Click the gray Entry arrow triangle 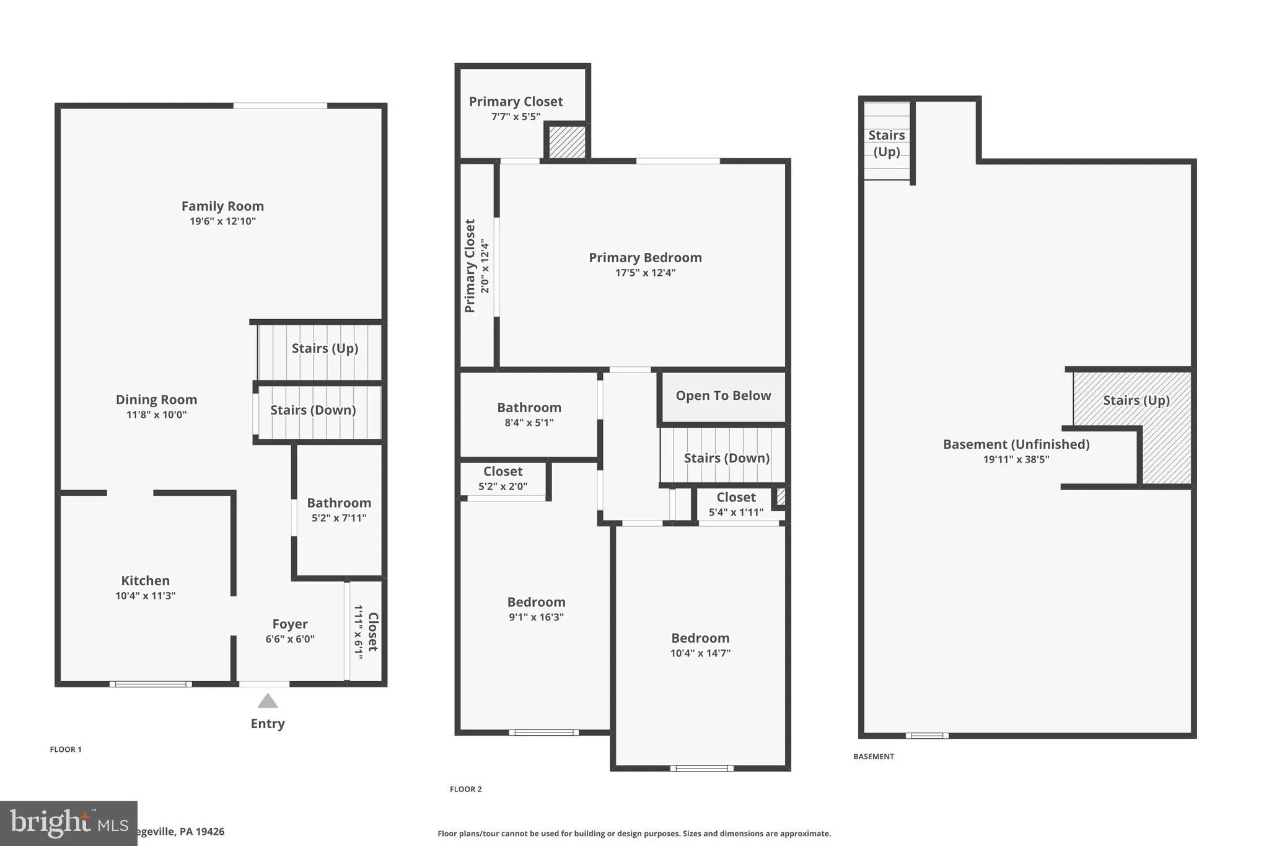(268, 701)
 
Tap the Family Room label (222, 206)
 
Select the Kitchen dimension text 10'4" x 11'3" (146, 596)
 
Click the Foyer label (290, 624)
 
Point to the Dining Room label (156, 400)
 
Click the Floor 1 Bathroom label (339, 503)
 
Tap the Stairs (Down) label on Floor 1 (313, 410)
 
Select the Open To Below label (723, 395)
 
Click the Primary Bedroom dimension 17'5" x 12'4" (645, 273)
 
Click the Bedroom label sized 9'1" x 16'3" (536, 602)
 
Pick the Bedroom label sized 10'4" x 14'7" (700, 638)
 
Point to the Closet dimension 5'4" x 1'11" (736, 512)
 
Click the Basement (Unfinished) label (1016, 444)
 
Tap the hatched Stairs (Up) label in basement (1136, 400)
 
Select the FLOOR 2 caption (466, 789)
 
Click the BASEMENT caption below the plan (874, 756)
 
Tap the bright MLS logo (69, 824)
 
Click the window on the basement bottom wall (927, 736)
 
